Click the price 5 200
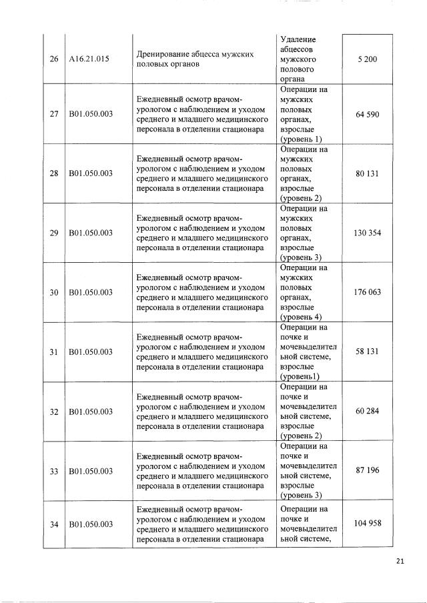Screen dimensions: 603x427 [368, 59]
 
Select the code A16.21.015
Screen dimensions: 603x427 [89, 59]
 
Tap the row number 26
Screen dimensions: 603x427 [54, 59]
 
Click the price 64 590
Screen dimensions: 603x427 [368, 114]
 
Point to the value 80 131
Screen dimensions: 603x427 [368, 173]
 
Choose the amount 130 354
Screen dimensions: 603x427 [368, 233]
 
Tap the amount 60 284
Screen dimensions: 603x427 [368, 411]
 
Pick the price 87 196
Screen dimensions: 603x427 [368, 470]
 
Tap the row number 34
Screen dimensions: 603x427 [54, 524]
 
